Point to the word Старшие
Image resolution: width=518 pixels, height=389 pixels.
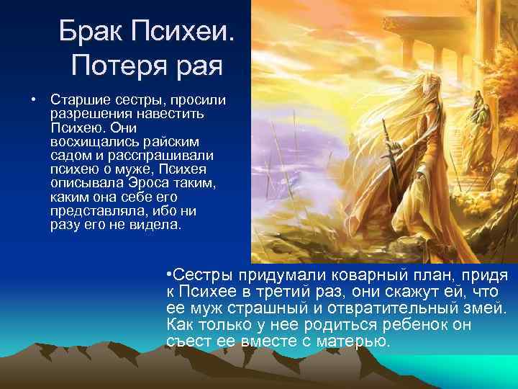tap(73, 99)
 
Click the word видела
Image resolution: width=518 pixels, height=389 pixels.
tap(158, 224)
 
